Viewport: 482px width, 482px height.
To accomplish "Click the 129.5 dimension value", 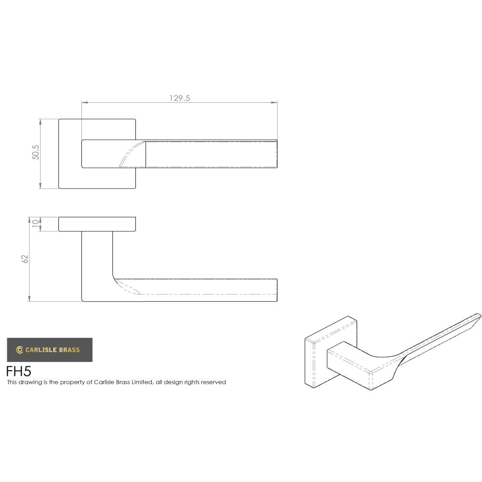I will pos(180,98).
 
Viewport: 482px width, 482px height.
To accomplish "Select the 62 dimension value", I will pos(26,259).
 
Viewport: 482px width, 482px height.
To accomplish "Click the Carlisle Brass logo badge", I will pos(50,350).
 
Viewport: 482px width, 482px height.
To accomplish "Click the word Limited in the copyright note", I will pos(140,382).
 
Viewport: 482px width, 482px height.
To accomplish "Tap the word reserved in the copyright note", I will pos(214,382).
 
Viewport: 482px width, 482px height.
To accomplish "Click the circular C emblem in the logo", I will pos(20,350).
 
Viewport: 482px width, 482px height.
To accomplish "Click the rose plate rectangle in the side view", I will pos(97,225).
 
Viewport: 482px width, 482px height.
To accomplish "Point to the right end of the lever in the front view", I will pos(276,154).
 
